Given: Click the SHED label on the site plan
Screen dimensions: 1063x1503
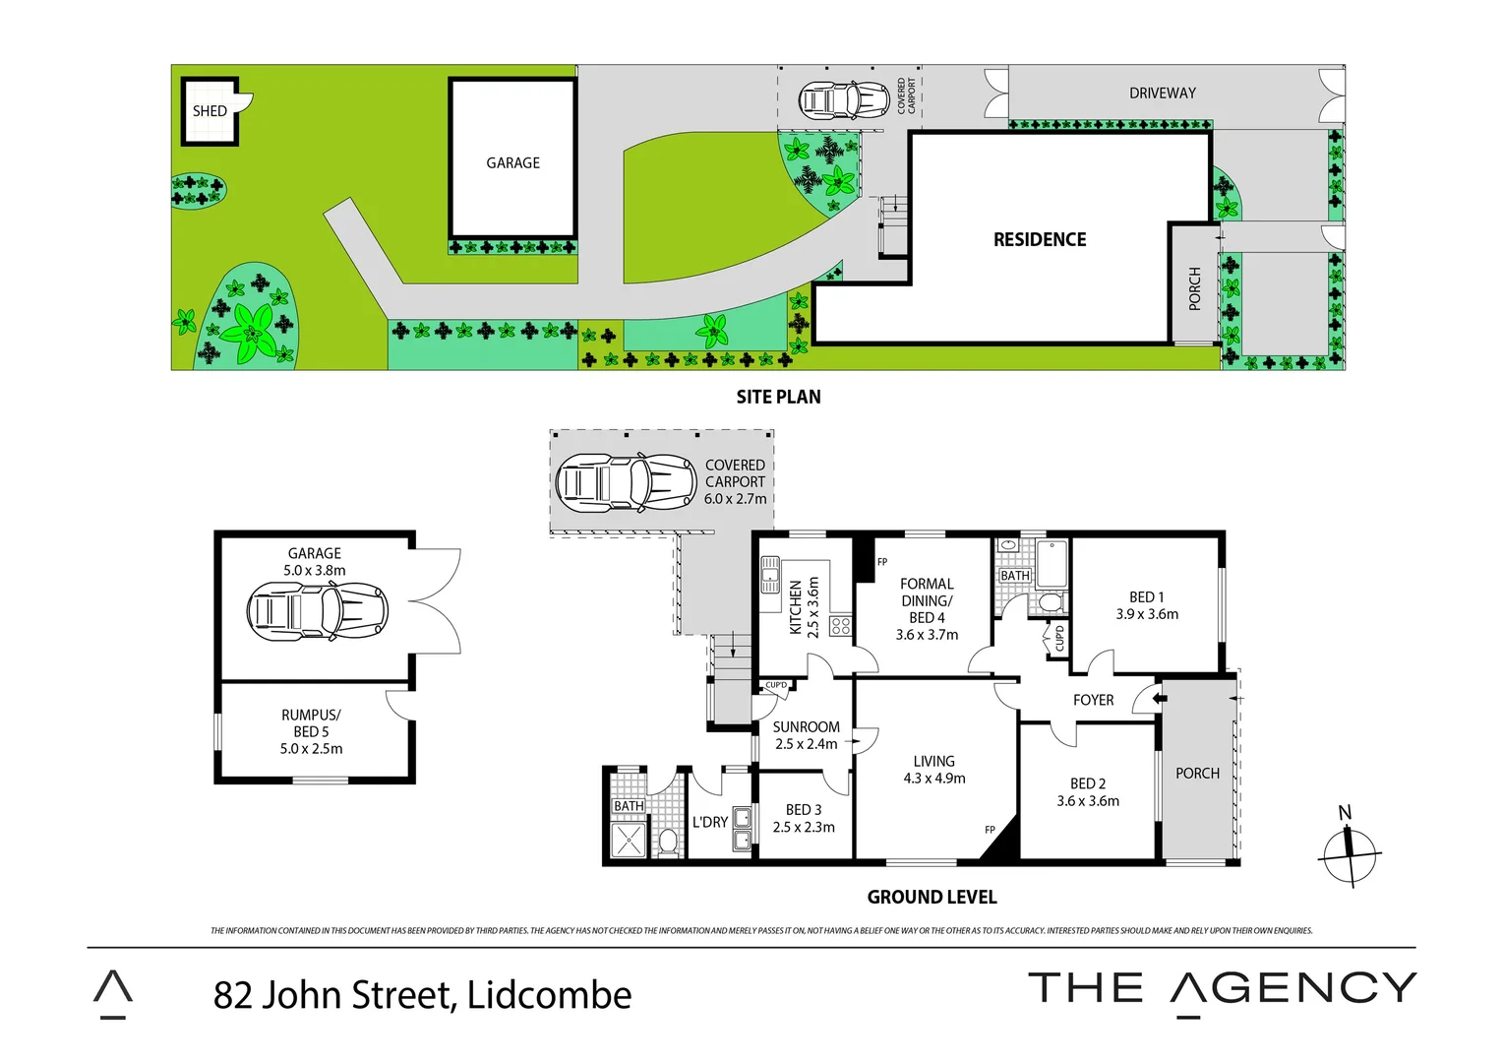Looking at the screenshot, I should [210, 111].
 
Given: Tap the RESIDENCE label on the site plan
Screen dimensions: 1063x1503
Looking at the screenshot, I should [1040, 240].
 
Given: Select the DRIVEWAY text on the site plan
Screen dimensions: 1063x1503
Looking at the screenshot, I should [1162, 94].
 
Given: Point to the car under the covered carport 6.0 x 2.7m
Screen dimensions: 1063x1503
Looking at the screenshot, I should [626, 483].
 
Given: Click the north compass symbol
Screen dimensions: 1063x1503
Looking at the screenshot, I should [1350, 852].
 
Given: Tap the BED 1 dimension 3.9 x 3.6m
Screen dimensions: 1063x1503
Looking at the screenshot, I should [1147, 614].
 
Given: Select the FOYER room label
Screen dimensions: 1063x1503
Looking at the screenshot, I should [1093, 701].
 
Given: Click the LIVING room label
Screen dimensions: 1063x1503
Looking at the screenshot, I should [933, 761].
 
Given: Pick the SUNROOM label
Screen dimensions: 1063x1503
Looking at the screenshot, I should [806, 727].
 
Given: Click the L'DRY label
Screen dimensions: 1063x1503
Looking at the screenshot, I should [709, 822].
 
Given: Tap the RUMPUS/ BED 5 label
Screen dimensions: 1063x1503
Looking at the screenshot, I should [311, 723].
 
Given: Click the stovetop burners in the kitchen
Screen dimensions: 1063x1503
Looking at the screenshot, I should [840, 625].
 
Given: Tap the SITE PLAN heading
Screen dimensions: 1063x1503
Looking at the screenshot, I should [778, 397].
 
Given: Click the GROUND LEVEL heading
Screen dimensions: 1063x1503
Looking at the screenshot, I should [932, 898].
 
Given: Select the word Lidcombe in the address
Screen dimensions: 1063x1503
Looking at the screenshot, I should [549, 995].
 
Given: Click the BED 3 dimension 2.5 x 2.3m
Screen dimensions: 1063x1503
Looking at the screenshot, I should [804, 828].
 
